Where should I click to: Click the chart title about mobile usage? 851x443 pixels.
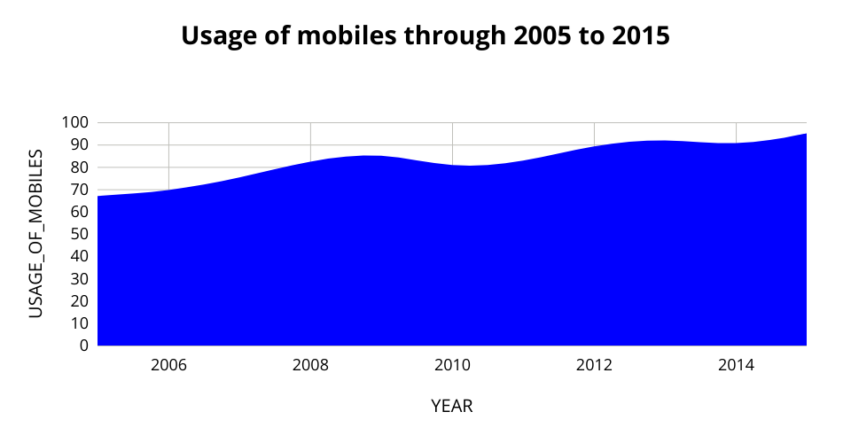click(x=425, y=36)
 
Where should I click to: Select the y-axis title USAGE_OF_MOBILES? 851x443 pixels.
click(x=35, y=234)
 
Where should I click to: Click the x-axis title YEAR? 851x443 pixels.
click(x=451, y=407)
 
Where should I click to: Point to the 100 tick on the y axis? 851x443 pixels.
click(x=75, y=122)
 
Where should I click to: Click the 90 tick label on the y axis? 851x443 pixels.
click(x=79, y=145)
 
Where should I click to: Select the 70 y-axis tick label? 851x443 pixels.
click(x=79, y=190)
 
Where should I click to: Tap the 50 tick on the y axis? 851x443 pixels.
click(x=79, y=234)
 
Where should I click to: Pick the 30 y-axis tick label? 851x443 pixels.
click(x=79, y=279)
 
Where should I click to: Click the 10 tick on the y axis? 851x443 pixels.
click(x=79, y=323)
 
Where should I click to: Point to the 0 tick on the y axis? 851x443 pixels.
click(x=83, y=346)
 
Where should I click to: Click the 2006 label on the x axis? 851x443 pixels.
click(x=168, y=365)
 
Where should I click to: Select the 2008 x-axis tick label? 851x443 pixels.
click(x=310, y=365)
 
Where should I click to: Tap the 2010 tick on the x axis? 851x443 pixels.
click(x=452, y=365)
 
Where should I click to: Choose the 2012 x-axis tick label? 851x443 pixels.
click(x=594, y=365)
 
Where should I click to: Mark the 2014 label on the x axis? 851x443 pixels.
click(x=736, y=365)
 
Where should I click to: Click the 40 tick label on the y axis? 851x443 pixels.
click(x=79, y=256)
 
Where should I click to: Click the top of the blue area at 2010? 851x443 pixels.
click(x=452, y=166)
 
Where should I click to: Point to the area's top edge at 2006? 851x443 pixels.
click(x=168, y=190)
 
